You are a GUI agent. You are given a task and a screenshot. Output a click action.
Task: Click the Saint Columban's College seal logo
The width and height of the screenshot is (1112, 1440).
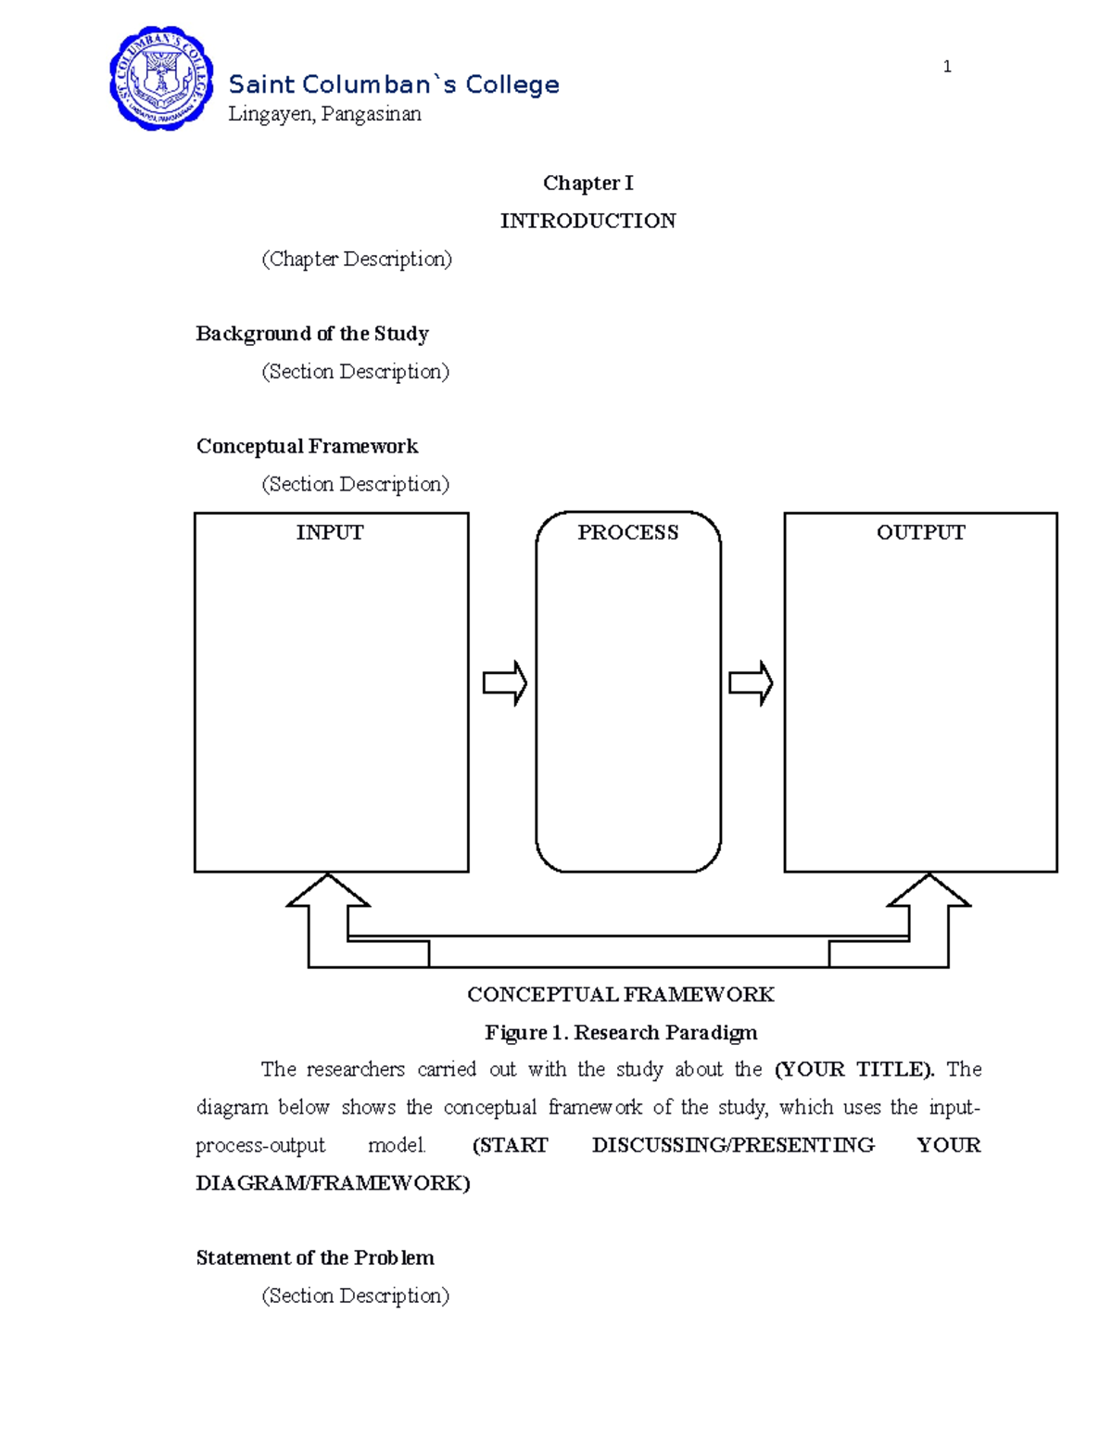click(161, 79)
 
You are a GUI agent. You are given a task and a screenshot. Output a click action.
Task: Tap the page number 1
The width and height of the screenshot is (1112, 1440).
click(946, 66)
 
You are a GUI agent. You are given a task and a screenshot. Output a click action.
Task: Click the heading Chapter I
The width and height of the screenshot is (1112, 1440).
click(588, 183)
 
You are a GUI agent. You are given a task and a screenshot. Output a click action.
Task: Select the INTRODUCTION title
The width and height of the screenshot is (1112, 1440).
click(588, 221)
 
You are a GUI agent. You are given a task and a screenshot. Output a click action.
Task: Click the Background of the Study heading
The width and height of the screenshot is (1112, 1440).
click(311, 334)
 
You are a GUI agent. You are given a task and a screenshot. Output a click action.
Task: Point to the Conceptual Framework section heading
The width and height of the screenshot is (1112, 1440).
click(307, 446)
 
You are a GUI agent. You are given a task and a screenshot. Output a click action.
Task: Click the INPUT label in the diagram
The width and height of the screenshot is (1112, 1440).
click(330, 532)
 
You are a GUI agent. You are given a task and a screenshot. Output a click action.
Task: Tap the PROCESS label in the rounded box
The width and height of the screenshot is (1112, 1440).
click(627, 532)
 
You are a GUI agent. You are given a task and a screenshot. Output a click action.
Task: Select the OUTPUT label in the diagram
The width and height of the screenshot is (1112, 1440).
click(920, 532)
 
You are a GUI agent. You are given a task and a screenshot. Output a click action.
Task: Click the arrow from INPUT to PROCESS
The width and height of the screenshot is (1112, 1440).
click(505, 684)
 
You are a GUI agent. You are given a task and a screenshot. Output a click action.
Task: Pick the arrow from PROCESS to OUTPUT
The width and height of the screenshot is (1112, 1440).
click(751, 684)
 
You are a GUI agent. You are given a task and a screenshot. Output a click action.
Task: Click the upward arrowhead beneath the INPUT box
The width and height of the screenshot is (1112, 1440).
click(328, 892)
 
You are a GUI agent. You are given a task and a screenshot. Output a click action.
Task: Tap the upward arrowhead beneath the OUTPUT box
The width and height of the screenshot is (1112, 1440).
click(929, 892)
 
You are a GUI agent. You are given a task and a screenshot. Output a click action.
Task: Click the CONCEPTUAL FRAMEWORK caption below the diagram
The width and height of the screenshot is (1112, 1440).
click(620, 995)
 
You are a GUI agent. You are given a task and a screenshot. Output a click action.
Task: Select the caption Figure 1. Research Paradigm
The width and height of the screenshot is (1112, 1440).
click(621, 1032)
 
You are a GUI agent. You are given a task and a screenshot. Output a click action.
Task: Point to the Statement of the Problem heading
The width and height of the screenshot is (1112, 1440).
click(314, 1257)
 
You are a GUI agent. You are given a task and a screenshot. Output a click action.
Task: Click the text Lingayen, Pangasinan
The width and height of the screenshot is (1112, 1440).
click(324, 114)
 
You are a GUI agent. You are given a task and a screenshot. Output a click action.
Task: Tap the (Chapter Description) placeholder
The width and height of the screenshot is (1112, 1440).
click(357, 259)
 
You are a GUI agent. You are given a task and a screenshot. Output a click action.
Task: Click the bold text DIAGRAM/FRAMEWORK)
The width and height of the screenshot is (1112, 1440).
click(333, 1183)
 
